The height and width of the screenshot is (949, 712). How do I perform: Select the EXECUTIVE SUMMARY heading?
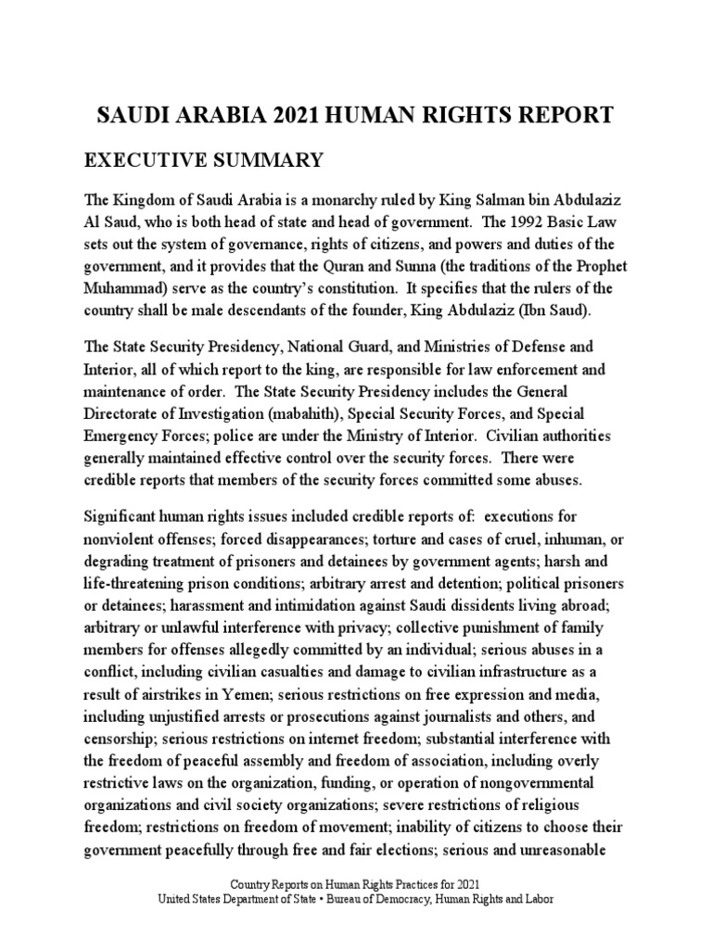click(x=204, y=161)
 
